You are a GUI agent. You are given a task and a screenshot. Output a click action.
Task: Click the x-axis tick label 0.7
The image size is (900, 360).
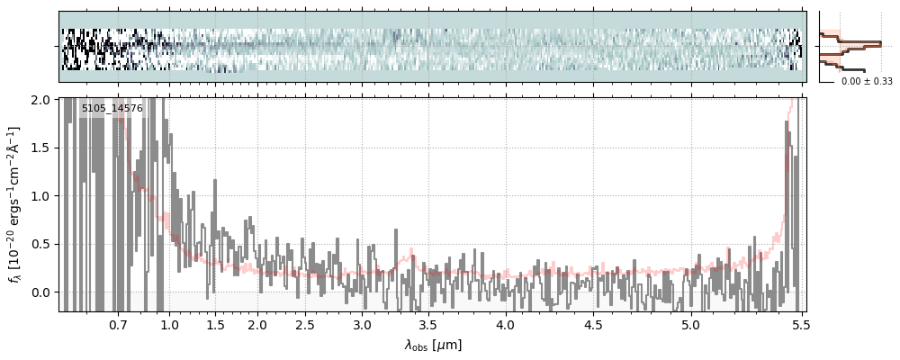[118, 325]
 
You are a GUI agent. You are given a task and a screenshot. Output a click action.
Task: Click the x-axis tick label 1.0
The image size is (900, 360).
[169, 325]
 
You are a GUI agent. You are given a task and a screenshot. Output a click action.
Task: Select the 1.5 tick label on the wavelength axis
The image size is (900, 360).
[216, 325]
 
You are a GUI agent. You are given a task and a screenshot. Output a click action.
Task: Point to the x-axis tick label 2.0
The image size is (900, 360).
[257, 325]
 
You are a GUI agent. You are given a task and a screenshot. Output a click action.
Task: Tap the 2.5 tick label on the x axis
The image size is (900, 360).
[305, 325]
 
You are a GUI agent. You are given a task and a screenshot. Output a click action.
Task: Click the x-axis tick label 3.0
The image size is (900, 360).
[362, 325]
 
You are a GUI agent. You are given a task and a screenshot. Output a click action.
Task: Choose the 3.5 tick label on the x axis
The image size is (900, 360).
[434, 325]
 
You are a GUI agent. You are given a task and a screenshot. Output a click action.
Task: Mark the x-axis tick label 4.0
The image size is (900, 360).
[506, 325]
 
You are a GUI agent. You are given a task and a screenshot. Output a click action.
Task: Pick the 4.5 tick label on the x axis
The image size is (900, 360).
[594, 325]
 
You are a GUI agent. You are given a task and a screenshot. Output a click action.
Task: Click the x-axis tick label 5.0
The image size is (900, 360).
[690, 325]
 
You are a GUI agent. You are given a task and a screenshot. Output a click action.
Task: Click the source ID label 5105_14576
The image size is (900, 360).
[112, 109]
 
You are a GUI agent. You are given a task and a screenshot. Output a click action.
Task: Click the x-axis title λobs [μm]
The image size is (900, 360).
[433, 344]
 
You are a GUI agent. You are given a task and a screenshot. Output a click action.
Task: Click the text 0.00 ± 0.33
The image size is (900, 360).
[860, 82]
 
